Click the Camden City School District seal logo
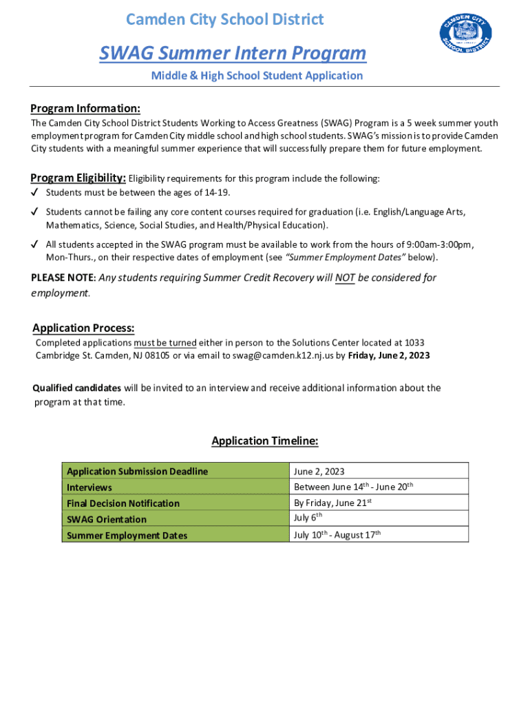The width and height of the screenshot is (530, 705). coord(465,35)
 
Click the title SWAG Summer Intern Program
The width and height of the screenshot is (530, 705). coord(233,53)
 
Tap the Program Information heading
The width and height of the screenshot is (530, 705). coord(85,108)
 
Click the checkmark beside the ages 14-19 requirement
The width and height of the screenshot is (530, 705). coord(34,192)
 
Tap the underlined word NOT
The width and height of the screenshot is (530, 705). coord(345,278)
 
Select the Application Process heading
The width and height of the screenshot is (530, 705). coord(83,328)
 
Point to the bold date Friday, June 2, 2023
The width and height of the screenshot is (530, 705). coord(389,355)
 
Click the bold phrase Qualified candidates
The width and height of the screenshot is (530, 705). coord(77,388)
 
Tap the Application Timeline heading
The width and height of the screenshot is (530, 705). coord(265,441)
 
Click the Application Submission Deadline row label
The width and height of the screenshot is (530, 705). coord(137,472)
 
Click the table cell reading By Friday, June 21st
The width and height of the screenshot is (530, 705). coord(333,503)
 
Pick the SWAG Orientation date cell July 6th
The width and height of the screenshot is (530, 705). coord(308,518)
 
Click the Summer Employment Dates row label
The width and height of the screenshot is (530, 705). coord(127,535)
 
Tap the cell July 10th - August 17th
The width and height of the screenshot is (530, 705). coord(337,534)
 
